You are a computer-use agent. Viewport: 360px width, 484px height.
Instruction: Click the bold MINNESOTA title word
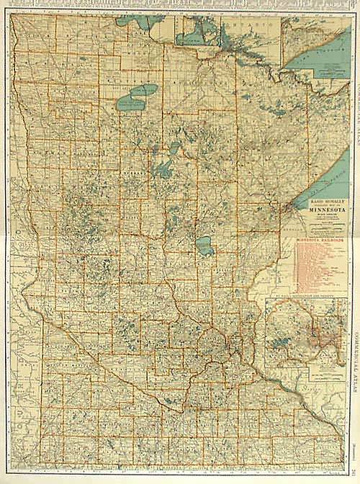317,211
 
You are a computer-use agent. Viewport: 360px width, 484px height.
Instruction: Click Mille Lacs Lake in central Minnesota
204,247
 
